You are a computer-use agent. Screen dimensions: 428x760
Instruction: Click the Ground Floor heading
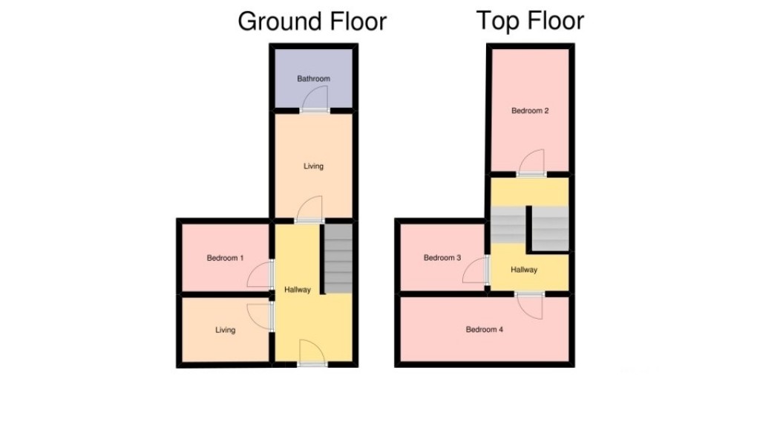point(312,22)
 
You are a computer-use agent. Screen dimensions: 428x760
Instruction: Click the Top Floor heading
point(530,20)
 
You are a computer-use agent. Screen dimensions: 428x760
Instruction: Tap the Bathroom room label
point(313,79)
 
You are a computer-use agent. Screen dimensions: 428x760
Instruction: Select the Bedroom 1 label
point(226,258)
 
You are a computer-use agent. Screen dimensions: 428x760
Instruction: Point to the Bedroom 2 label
point(530,111)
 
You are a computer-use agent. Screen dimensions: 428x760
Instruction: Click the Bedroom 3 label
point(442,258)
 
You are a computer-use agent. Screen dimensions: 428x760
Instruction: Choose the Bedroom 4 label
point(485,329)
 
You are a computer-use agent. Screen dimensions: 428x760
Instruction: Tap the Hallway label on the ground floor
point(298,290)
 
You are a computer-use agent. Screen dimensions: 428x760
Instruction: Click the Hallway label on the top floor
point(524,270)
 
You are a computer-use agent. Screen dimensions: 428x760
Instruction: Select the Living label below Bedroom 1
point(226,330)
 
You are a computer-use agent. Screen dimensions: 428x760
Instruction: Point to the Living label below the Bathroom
point(313,166)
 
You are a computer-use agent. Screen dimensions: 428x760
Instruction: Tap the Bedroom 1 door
point(261,275)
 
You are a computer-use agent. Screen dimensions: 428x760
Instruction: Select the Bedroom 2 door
point(531,163)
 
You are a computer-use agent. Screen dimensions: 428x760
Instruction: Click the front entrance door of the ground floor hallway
point(312,352)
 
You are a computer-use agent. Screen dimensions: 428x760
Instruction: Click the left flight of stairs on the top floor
point(508,224)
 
